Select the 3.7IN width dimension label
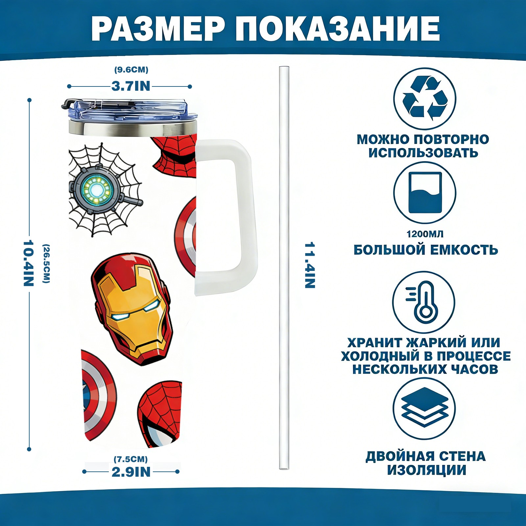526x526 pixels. (x=131, y=86)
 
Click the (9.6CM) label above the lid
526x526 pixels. (x=131, y=70)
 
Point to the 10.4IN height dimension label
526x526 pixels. (x=29, y=263)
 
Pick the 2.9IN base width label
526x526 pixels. (x=131, y=472)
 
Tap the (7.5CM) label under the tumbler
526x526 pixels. (x=131, y=459)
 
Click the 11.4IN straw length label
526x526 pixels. (x=310, y=265)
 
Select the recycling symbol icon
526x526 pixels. (x=425, y=98)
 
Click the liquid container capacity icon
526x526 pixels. (x=425, y=193)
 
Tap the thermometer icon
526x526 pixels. (x=424, y=302)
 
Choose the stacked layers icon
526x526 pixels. (x=424, y=408)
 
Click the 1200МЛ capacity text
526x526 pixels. (x=425, y=234)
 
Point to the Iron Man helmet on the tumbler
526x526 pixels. (x=131, y=309)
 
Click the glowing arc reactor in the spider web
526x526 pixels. (x=96, y=190)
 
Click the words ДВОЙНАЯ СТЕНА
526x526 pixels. (x=425, y=456)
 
